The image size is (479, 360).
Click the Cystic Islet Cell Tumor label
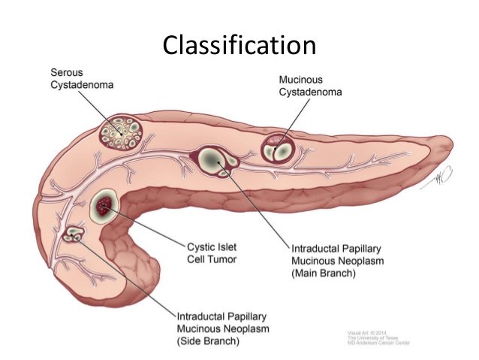click(211, 253)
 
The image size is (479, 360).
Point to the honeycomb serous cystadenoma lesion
click(123, 133)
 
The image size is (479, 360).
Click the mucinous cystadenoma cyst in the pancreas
click(278, 147)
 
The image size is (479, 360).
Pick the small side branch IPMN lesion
click(75, 236)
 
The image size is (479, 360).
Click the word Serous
click(66, 72)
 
